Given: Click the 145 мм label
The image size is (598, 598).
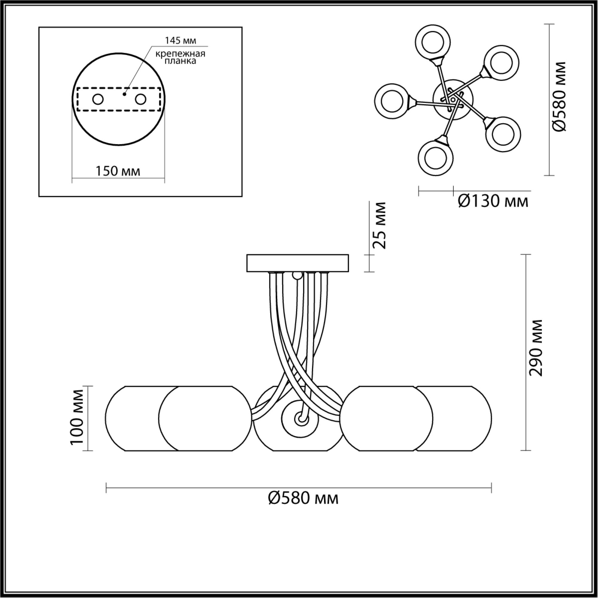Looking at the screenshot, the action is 181,41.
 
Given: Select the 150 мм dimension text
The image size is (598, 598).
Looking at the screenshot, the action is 118,171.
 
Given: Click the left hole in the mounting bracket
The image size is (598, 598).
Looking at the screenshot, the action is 98,100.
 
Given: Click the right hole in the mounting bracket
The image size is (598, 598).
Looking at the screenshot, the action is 140,100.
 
